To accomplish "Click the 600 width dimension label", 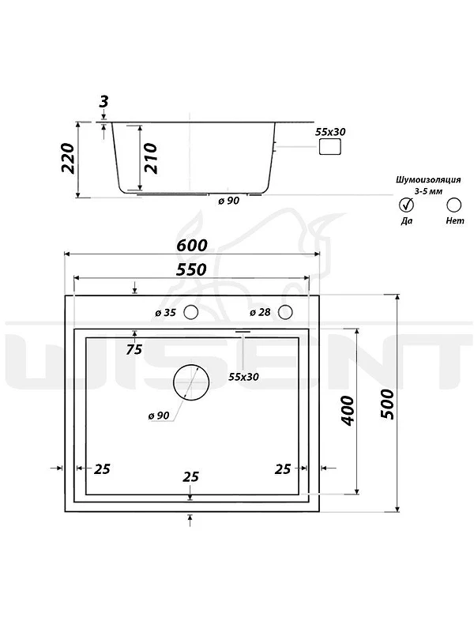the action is pyautogui.click(x=192, y=245).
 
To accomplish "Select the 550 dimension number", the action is pyautogui.click(x=191, y=269).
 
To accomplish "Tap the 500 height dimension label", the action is pyautogui.click(x=388, y=404).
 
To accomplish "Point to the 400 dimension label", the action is pyautogui.click(x=348, y=410).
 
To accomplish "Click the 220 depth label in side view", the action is pyautogui.click(x=68, y=158).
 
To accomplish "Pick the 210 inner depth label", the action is pyautogui.click(x=151, y=158).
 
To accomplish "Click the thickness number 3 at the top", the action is pyautogui.click(x=104, y=101).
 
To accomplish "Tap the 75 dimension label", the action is pyautogui.click(x=134, y=349).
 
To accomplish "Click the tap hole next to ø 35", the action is pyautogui.click(x=190, y=312).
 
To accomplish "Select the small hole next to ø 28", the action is pyautogui.click(x=285, y=312).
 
